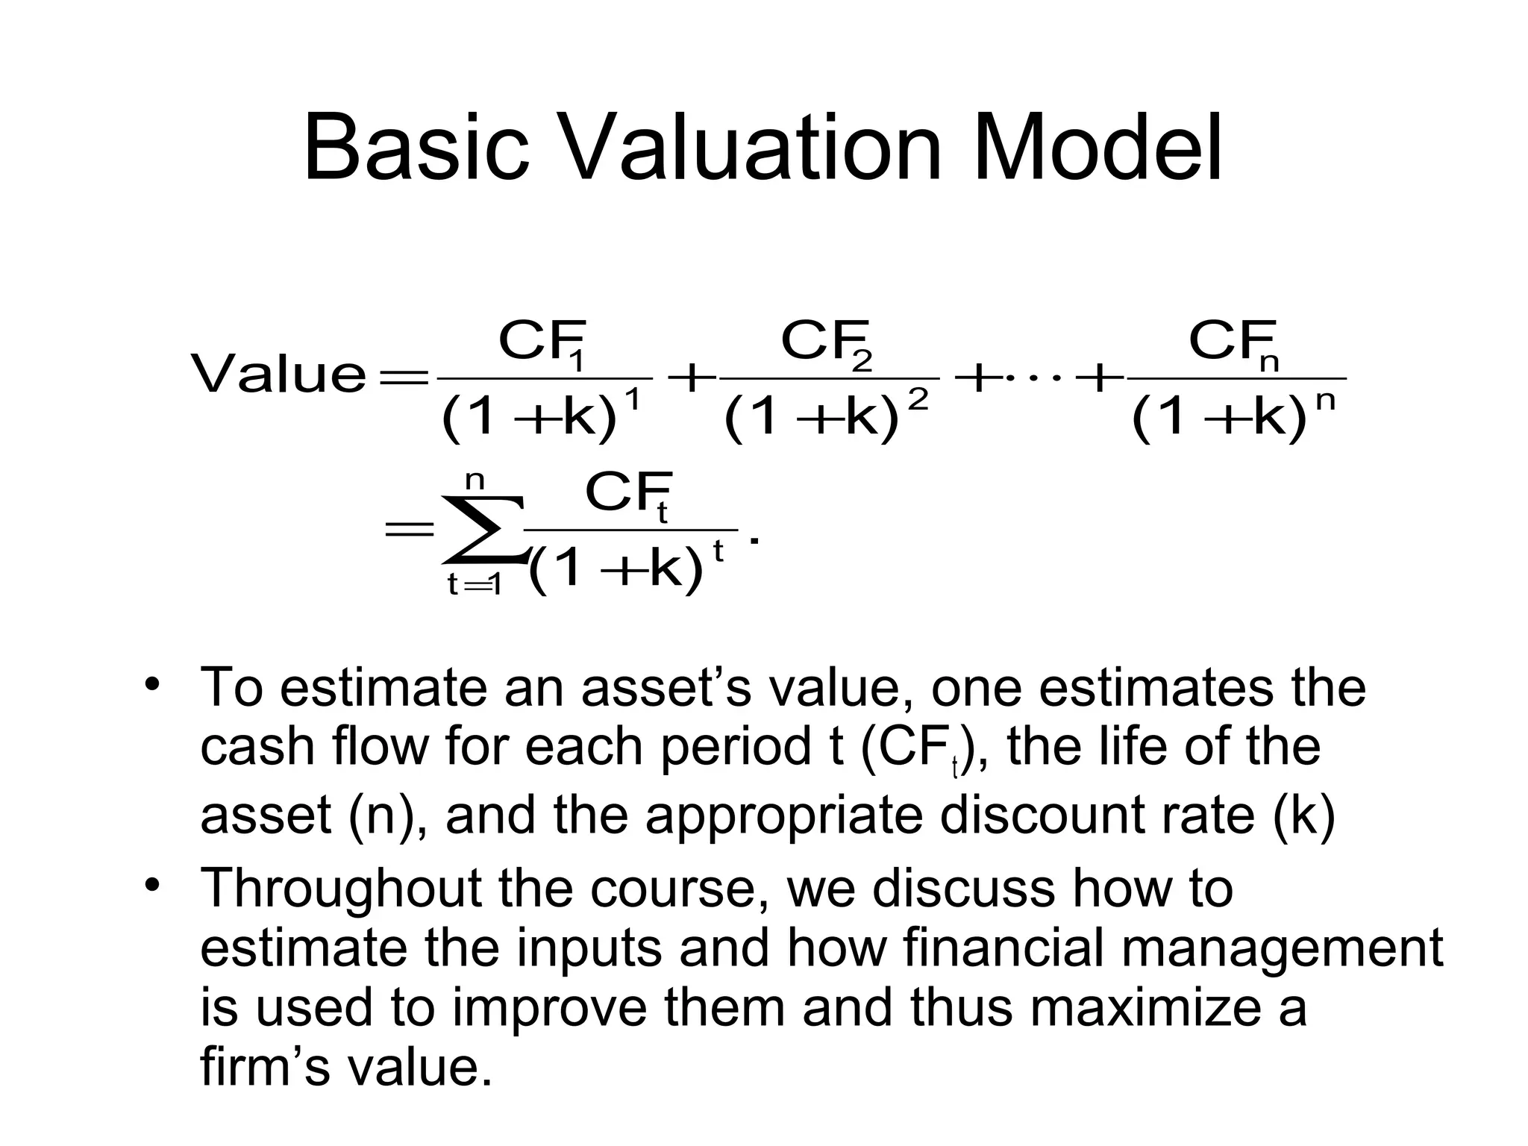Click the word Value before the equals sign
coord(279,375)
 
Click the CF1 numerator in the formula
coord(543,344)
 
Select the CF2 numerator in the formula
coord(827,344)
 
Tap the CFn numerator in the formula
coord(1234,344)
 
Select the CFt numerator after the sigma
coord(629,495)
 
